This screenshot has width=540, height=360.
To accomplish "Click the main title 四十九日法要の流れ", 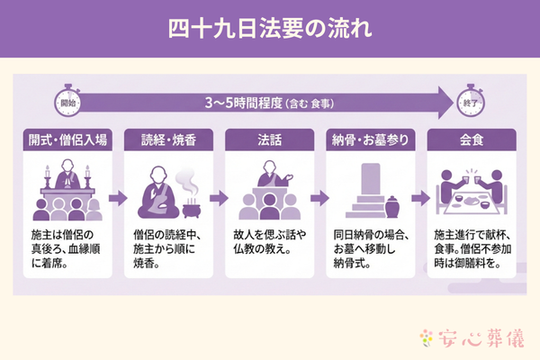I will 270,28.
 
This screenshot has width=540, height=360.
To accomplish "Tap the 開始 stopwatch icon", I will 68,102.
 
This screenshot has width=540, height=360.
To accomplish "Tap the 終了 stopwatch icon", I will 472,102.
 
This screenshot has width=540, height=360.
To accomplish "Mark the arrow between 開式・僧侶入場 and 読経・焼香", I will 117,195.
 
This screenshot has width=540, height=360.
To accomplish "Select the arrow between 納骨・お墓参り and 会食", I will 420,195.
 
